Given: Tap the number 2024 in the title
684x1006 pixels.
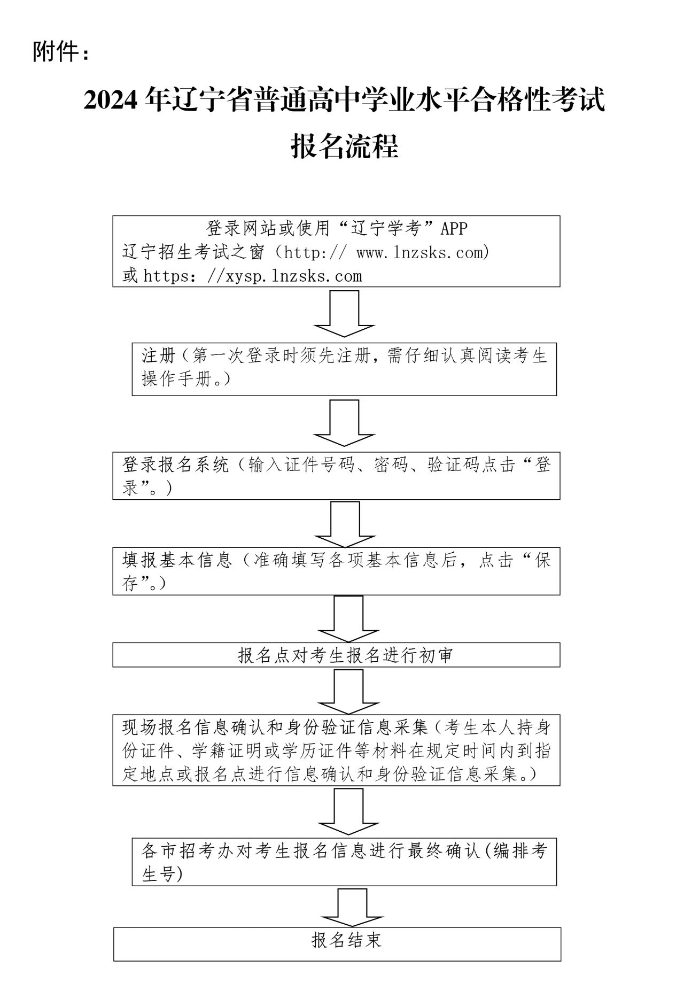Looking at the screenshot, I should point(111,100).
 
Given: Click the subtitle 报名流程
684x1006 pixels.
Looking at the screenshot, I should point(345,146).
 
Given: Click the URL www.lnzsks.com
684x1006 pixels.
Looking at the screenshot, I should point(419,252).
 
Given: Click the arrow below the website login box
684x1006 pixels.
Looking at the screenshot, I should point(344,314).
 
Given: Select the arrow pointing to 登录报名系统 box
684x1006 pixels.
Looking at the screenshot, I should point(344,423).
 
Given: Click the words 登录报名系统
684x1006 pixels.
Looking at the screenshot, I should point(176,465).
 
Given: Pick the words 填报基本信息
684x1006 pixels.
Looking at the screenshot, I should point(177,560).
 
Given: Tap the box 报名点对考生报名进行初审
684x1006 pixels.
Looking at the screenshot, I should point(345,655).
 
